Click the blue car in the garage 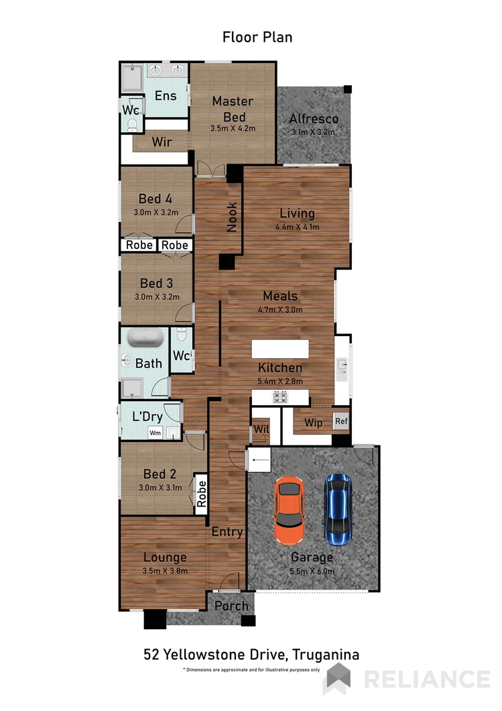click(338, 509)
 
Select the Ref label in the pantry click(341, 422)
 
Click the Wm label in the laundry click(155, 433)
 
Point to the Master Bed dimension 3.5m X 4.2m click(233, 128)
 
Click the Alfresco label click(313, 119)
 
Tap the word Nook click(233, 217)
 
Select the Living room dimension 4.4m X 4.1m click(297, 227)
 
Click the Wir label click(162, 142)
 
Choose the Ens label click(166, 96)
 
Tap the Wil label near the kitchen click(259, 430)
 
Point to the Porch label click(231, 606)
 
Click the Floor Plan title click(257, 37)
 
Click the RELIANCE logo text click(427, 679)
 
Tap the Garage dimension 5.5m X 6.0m click(312, 571)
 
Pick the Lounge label click(165, 557)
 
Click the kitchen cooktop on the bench click(280, 397)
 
